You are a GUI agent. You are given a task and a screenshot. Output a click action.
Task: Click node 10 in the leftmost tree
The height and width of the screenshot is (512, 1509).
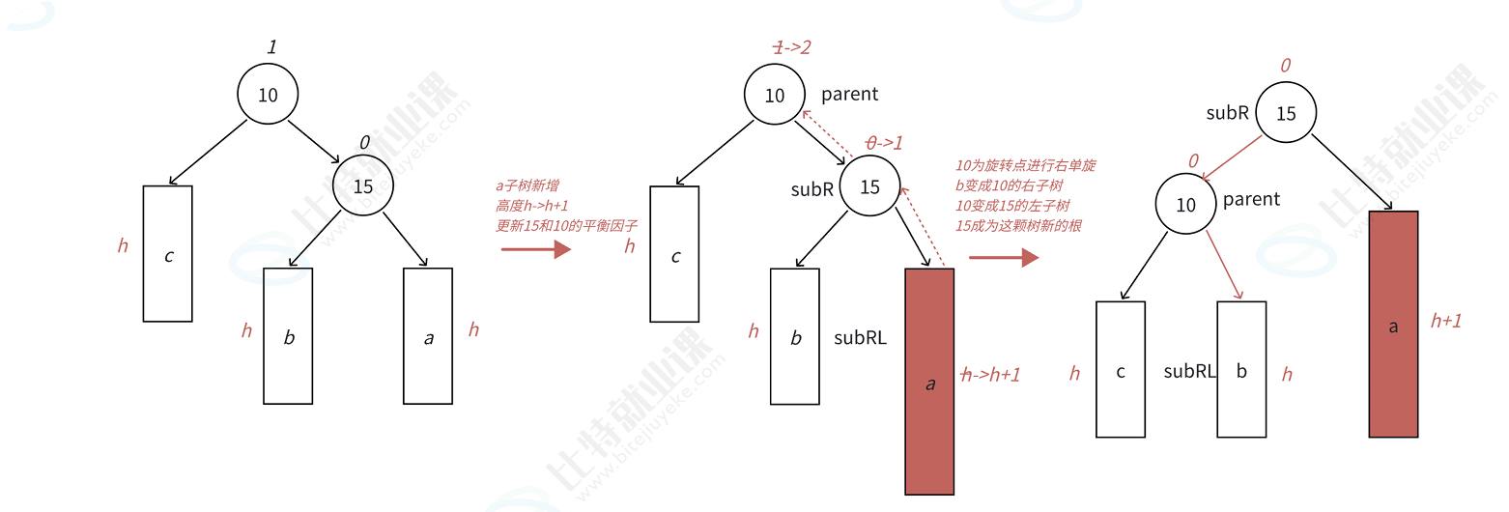tap(268, 94)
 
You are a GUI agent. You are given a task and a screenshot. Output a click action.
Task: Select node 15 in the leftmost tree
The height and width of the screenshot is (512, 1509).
tap(363, 185)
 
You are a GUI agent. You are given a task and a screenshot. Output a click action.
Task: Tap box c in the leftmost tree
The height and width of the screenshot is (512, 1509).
tap(168, 253)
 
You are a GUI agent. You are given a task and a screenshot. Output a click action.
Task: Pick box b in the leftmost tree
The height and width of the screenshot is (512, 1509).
tap(288, 335)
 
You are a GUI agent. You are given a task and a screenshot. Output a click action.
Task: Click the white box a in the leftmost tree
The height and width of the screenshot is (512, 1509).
tap(428, 335)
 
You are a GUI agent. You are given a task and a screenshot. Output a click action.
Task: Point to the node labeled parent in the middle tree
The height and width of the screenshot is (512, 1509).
tap(775, 95)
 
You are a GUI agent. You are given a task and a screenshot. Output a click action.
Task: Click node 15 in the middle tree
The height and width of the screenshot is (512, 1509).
tap(870, 186)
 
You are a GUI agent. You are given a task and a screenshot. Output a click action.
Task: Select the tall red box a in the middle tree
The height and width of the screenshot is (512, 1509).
tap(929, 382)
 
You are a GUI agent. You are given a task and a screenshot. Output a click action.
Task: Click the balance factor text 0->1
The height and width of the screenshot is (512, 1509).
tap(884, 142)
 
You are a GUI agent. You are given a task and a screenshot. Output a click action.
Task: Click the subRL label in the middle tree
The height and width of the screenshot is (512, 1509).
tap(860, 338)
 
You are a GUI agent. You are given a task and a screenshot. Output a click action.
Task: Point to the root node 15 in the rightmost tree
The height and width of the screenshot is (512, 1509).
tap(1286, 113)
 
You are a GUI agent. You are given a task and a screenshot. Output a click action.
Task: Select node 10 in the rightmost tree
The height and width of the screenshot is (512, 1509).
tap(1186, 205)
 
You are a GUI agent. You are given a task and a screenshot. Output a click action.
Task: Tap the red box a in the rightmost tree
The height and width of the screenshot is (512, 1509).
tap(1393, 325)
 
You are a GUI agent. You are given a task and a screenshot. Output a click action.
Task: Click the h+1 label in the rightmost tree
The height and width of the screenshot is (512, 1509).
tap(1446, 321)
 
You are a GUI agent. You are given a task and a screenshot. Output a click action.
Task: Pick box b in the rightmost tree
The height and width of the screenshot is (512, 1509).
tap(1241, 370)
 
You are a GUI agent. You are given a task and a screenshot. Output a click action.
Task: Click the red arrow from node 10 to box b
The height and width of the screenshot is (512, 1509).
tap(1223, 266)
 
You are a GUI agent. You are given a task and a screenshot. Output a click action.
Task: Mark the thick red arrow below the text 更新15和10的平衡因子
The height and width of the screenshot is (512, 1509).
tap(537, 249)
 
